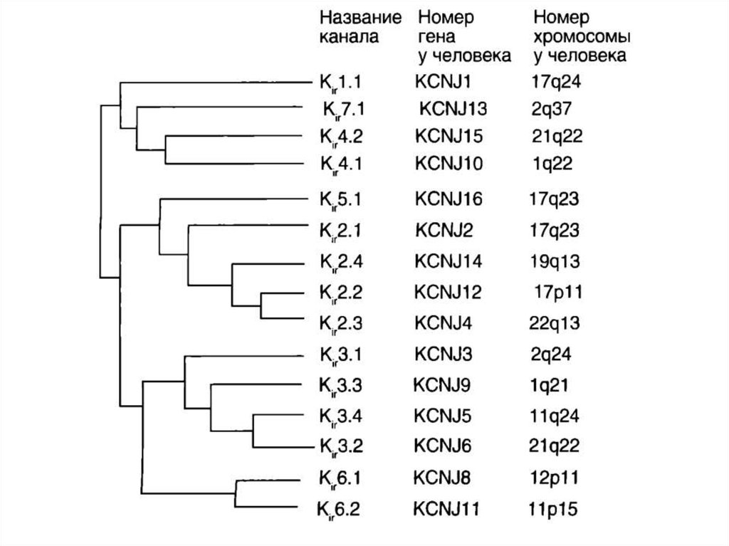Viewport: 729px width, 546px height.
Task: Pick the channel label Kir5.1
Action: click(x=339, y=199)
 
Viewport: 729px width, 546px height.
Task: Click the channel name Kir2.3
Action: click(x=339, y=322)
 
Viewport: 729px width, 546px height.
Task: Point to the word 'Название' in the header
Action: click(x=359, y=17)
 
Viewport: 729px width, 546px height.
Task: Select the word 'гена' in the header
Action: click(x=437, y=36)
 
